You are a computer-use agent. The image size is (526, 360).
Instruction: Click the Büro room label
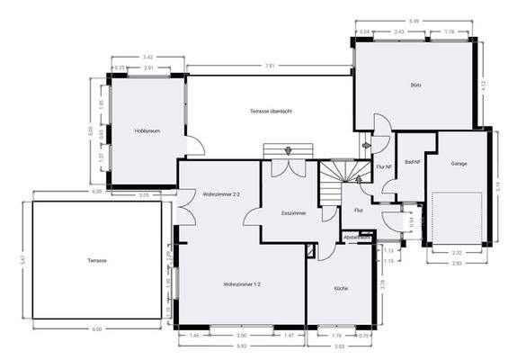[415, 85]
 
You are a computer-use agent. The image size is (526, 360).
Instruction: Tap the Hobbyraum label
[147, 130]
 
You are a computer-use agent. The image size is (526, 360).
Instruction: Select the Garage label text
[459, 165]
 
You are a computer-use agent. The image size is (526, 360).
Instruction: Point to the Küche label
[341, 288]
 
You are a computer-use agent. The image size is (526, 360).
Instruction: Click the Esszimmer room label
[294, 213]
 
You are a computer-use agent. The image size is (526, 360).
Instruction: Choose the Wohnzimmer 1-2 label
[242, 284]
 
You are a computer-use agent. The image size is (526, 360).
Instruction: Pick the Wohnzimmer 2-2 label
[221, 193]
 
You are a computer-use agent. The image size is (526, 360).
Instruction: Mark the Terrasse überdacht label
[272, 111]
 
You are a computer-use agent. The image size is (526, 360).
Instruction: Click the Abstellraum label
[357, 237]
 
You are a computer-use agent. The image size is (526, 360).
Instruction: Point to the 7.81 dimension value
[271, 67]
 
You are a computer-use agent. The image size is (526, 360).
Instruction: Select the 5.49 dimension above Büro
[414, 22]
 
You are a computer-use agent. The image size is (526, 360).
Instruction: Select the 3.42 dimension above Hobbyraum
[148, 58]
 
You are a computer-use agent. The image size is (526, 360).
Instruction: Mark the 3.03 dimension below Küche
[340, 346]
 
